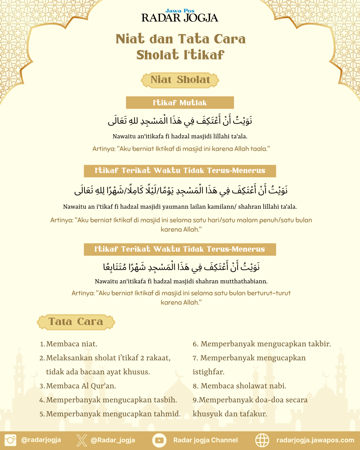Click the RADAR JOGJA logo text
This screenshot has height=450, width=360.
180,18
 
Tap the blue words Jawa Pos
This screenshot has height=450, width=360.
180,11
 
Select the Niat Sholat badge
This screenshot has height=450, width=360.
180,80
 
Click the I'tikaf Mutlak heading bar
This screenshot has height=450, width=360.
180,103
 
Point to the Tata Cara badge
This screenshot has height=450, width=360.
76,322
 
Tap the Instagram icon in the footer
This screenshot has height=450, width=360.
10,440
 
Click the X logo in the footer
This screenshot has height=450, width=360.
81,440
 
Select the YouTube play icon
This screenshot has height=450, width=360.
159,440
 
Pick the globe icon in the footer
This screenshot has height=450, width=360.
262,440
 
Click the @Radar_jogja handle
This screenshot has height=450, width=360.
113,440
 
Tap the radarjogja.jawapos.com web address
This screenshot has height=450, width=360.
315,440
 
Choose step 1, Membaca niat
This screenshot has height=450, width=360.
71,344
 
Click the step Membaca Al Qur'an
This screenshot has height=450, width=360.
81,386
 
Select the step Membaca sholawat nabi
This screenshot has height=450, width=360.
243,386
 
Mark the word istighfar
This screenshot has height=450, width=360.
208,372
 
